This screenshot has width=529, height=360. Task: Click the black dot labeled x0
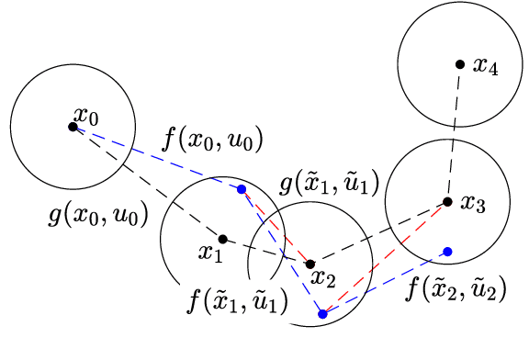[73, 126]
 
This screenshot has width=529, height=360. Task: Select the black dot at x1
[222, 239]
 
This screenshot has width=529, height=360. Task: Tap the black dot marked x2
[310, 264]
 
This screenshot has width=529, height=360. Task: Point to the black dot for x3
[447, 201]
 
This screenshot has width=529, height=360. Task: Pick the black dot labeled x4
[459, 64]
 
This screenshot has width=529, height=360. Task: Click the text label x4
[485, 66]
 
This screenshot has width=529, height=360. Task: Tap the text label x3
[472, 204]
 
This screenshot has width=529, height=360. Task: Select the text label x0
[87, 116]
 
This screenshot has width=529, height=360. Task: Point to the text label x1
[212, 253]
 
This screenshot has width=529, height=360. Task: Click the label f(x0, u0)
[212, 141]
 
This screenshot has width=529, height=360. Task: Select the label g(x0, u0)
[98, 217]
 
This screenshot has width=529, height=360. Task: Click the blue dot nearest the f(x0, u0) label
[242, 189]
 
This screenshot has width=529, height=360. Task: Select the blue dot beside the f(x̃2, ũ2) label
[447, 251]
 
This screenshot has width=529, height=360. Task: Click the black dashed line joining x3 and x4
[454, 133]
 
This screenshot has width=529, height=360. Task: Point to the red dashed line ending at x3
[386, 256]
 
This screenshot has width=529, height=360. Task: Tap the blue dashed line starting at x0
[156, 157]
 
